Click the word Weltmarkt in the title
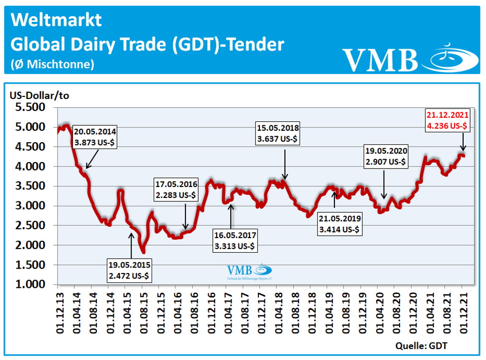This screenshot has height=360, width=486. [56, 20]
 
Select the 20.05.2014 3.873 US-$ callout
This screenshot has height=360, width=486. [95, 137]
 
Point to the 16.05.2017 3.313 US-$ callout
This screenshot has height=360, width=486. [235, 240]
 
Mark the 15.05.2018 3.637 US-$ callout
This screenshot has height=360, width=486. [278, 133]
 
